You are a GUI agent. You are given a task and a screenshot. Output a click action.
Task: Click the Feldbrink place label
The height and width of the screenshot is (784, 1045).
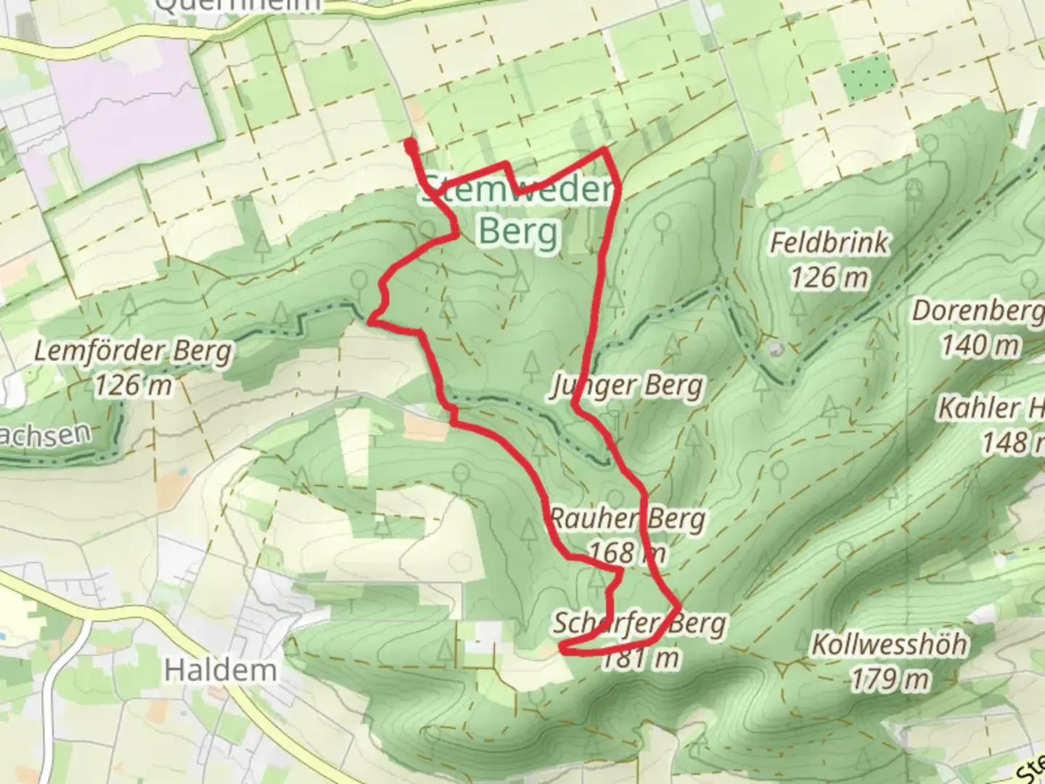pos(829,243)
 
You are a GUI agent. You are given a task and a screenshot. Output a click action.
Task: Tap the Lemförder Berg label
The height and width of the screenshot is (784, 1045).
pos(134,353)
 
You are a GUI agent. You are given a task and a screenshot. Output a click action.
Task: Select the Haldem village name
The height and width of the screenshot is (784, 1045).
pos(221,669)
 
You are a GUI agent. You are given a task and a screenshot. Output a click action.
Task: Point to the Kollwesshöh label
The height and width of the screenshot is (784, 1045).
pos(889,644)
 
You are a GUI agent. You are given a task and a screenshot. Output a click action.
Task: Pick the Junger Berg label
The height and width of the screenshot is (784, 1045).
pos(627,385)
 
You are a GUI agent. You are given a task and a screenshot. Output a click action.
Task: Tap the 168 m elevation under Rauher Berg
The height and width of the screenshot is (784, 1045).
pos(626,553)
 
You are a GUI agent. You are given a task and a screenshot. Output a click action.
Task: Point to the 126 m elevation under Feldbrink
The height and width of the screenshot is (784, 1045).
pos(829,277)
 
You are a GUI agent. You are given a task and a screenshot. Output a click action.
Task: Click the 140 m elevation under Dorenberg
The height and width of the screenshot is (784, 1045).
pos(980,346)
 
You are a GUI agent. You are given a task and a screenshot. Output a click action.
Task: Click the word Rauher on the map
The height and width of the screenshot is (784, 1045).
pos(584,519)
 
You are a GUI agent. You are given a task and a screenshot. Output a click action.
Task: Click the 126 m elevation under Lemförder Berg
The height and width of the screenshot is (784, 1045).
pos(134,385)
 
